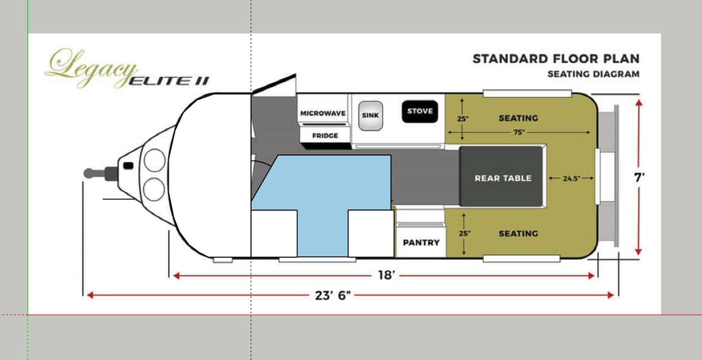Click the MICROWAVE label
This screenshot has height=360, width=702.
[x=323, y=113]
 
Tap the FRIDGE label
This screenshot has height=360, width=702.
[x=325, y=136]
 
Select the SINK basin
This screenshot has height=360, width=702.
[x=370, y=115]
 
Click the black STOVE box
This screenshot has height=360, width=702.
[x=420, y=112]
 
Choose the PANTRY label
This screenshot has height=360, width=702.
[x=421, y=243]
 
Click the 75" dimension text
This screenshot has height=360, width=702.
[x=519, y=132]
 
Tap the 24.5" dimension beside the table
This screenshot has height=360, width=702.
[x=571, y=178]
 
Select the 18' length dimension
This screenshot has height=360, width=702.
[x=385, y=276]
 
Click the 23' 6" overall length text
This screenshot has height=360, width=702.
[x=332, y=295]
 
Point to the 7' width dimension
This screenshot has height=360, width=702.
[x=640, y=178]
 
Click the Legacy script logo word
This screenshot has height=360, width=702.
[x=91, y=67]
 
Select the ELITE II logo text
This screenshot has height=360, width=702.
[x=169, y=81]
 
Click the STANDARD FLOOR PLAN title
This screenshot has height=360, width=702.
[x=556, y=59]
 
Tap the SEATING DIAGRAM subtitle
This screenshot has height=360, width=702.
[x=593, y=74]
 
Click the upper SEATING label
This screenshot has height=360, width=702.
[x=518, y=118]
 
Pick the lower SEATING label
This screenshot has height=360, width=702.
[x=518, y=233]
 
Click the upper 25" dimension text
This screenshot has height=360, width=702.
[x=463, y=119]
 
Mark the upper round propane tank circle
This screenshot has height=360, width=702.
[x=154, y=160]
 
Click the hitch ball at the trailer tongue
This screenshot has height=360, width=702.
[x=88, y=173]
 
